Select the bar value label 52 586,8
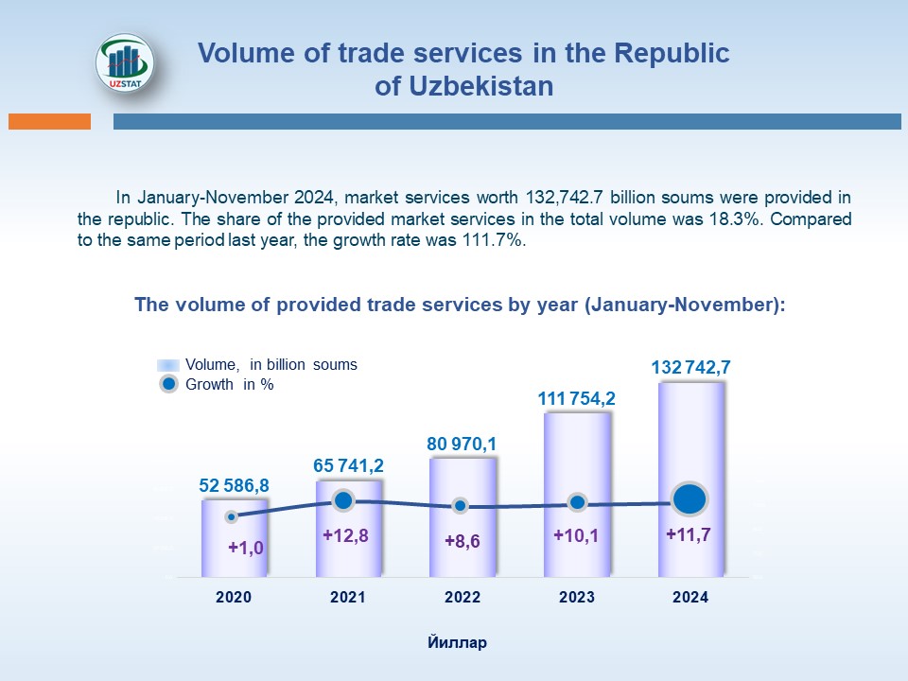coord(234,485)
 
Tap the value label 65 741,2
coord(348,465)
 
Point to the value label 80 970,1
coord(463,443)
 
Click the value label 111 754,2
coord(577,398)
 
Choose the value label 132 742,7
coord(691,367)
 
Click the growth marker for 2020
coord(232,516)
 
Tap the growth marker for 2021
coord(344,500)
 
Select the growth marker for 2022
coord(460,506)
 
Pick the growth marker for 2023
coord(577,503)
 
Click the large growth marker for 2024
coord(690,498)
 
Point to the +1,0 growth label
coord(246,547)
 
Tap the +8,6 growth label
coord(463,542)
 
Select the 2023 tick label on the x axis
coord(577,598)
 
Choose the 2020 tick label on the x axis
coord(234,598)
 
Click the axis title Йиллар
coord(457,643)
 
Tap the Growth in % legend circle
coord(168,385)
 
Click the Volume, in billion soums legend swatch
coord(168,365)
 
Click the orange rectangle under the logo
coord(49,121)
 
